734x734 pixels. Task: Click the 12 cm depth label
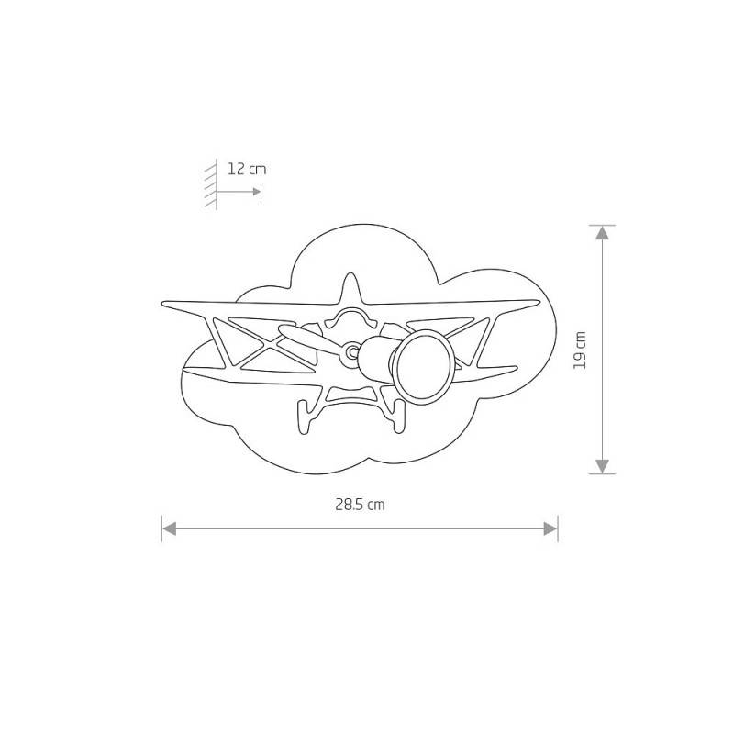[247, 169]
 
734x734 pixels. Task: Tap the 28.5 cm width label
[360, 505]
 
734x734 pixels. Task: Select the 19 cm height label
[580, 350]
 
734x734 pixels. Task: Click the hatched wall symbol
[211, 184]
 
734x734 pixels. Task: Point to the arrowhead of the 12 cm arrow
[257, 192]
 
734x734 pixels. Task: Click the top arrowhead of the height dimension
[602, 233]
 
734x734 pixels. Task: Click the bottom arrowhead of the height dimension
[602, 466]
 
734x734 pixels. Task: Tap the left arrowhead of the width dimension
[169, 529]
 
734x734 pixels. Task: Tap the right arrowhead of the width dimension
[550, 529]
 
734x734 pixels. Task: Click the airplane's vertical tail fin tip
[350, 274]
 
